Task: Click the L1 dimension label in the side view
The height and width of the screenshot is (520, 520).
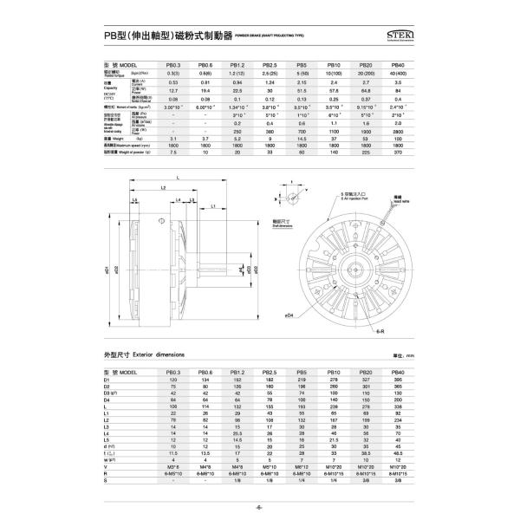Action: [213, 207]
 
